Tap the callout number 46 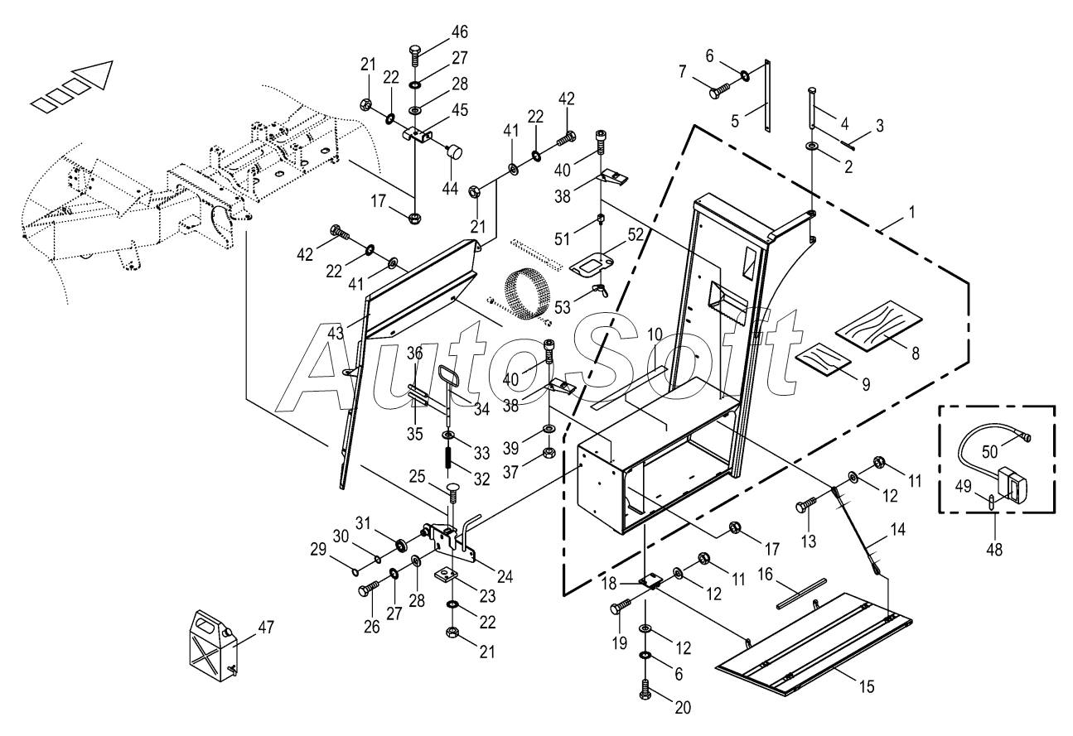point(459,32)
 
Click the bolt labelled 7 point(718,89)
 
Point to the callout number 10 point(655,334)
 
